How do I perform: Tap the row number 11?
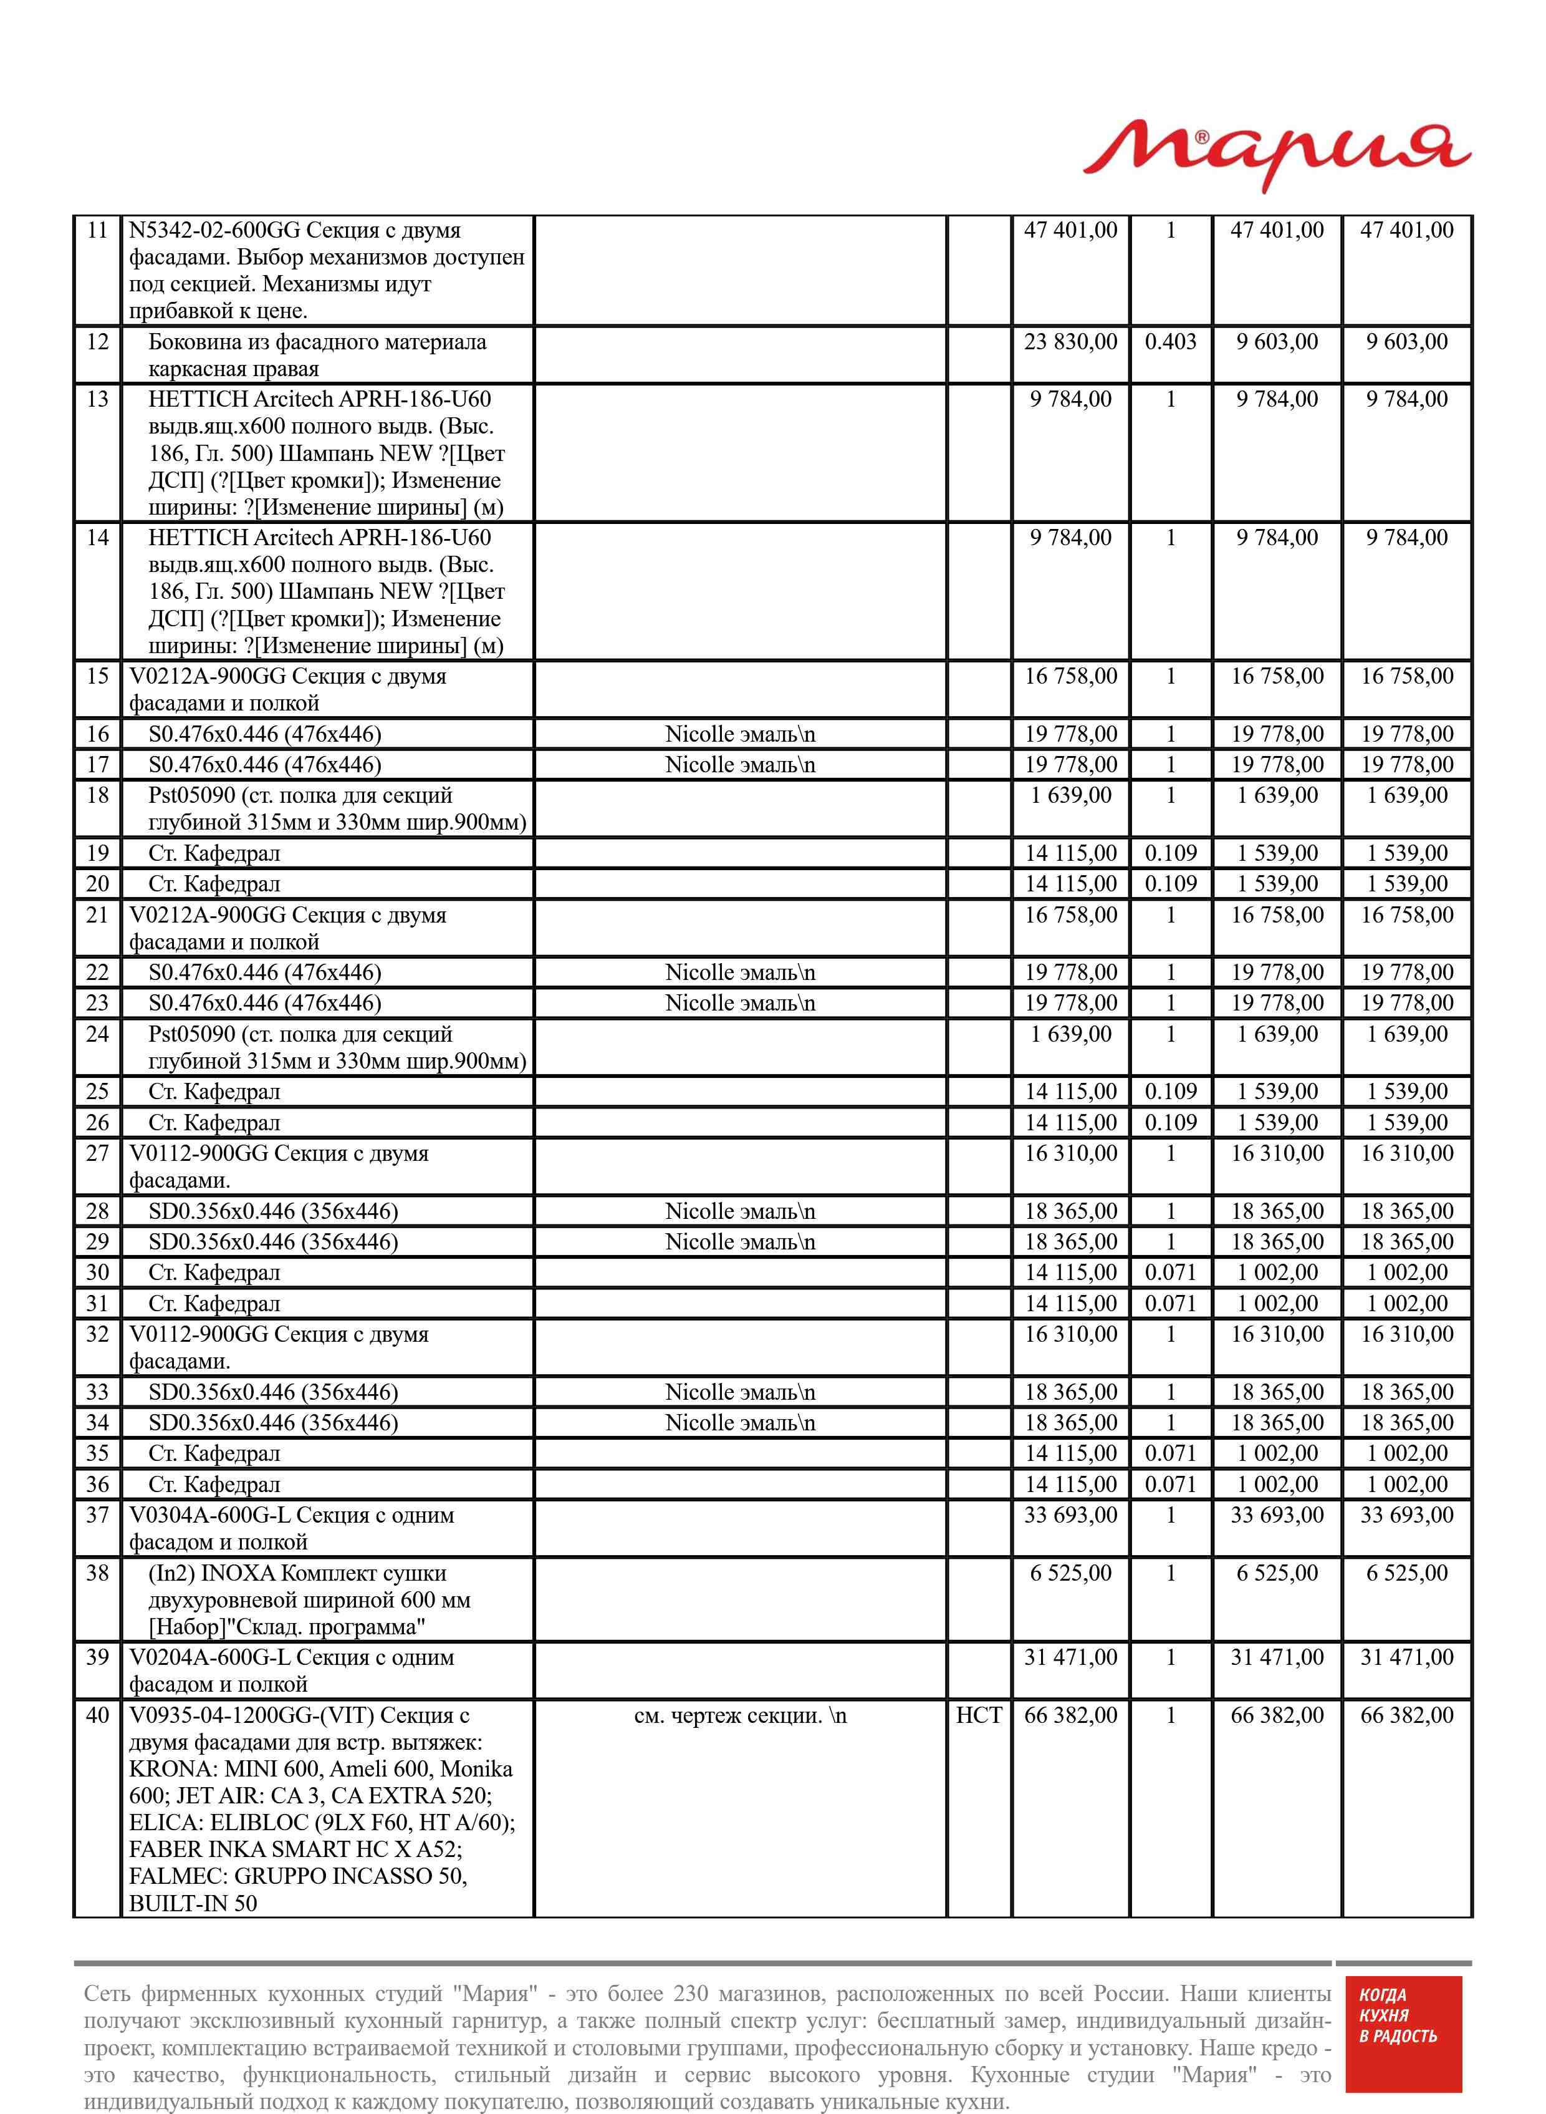[97, 230]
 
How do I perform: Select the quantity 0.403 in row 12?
[1170, 342]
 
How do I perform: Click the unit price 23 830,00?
[1070, 342]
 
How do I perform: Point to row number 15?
[97, 676]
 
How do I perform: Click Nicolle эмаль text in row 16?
[739, 734]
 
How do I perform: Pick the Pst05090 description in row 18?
[337, 809]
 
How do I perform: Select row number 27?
[97, 1153]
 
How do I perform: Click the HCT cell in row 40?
[978, 1715]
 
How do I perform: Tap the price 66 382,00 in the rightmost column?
[1406, 1715]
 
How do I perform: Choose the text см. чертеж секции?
[739, 1716]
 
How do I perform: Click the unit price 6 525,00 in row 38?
[1070, 1573]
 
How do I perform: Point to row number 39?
[97, 1657]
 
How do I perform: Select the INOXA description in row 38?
[309, 1600]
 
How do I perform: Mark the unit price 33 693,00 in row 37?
[1070, 1515]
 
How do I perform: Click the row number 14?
[97, 538]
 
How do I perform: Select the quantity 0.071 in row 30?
[1170, 1273]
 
